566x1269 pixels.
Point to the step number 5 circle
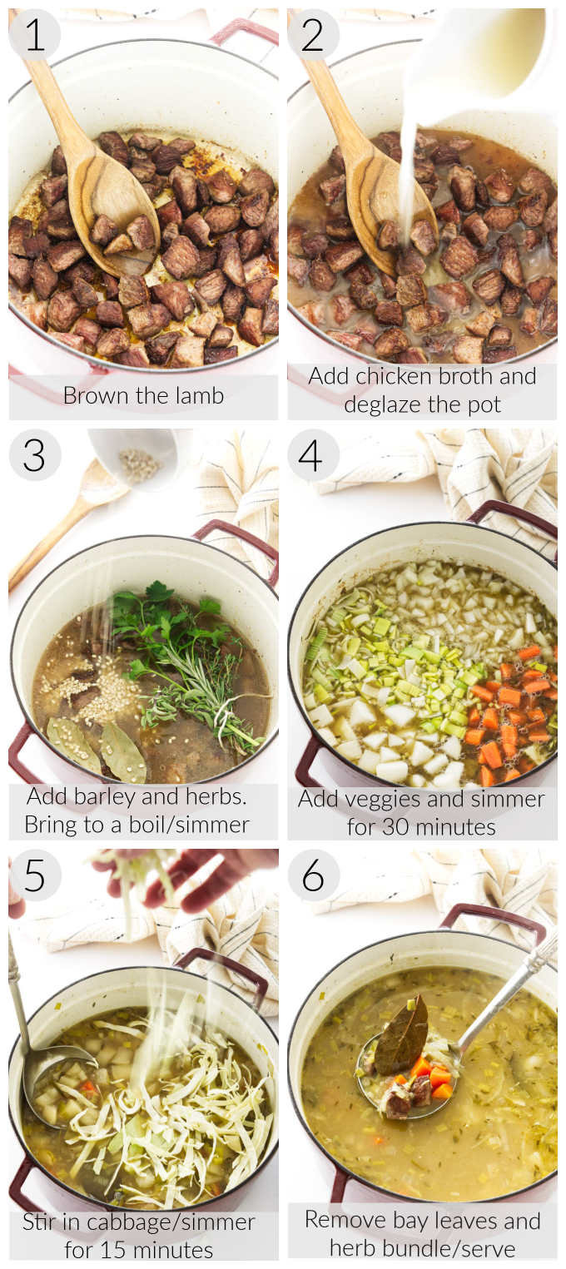click(34, 875)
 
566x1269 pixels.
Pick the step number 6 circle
click(314, 875)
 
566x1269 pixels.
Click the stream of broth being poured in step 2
click(408, 166)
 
